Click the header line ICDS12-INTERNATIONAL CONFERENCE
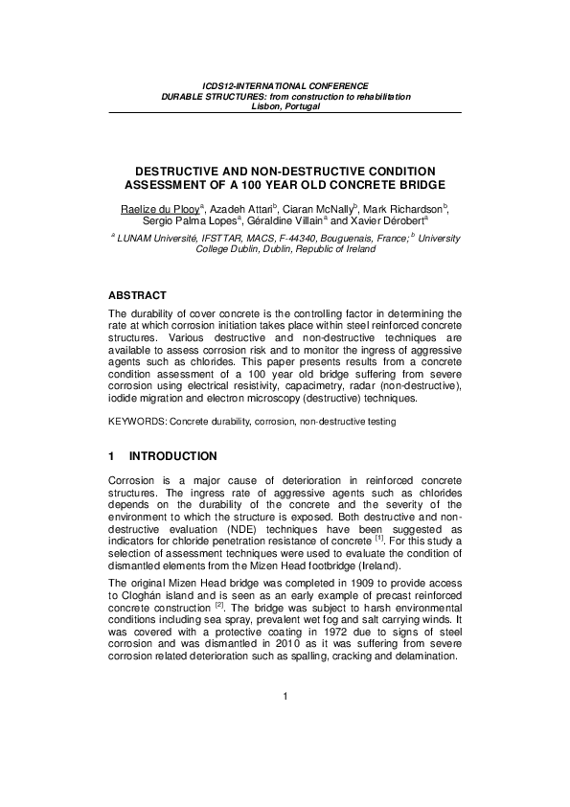[x=285, y=87]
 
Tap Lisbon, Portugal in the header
[x=285, y=106]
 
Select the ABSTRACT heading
[x=138, y=294]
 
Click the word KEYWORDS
[x=134, y=421]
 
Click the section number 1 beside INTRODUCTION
[x=112, y=455]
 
